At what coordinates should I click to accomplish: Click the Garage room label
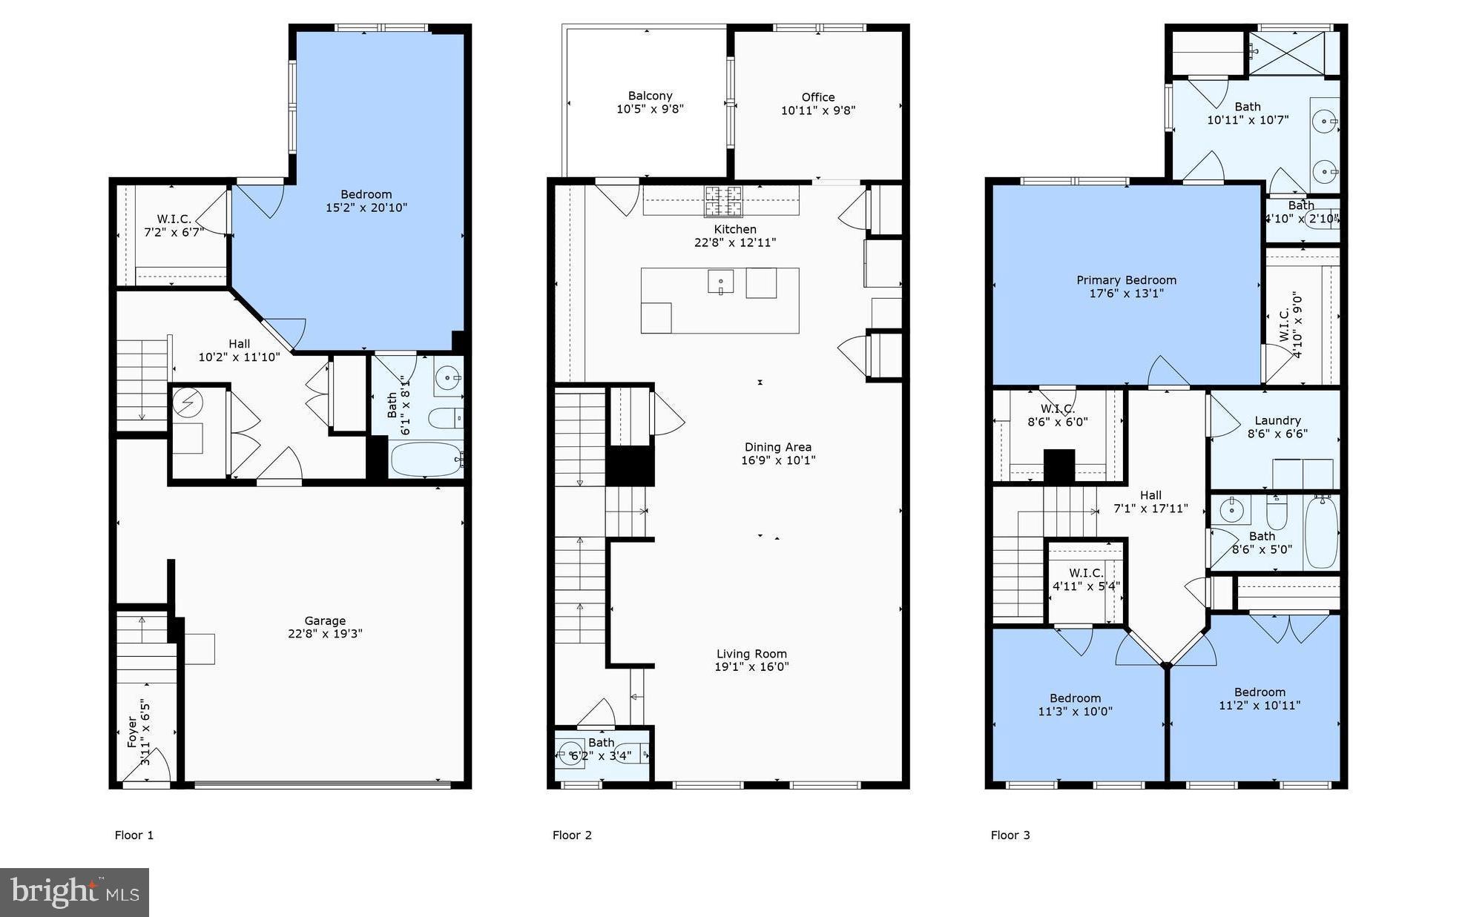[x=325, y=621]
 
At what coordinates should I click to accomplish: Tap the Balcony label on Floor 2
[x=650, y=96]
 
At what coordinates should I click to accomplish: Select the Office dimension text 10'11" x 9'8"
[x=817, y=110]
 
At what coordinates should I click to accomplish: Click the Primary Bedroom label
[x=1126, y=280]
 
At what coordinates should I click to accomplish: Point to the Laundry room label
[x=1277, y=420]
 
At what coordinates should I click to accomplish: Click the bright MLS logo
[x=74, y=892]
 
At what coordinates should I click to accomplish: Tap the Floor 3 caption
[x=1010, y=835]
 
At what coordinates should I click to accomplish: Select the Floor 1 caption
[x=134, y=835]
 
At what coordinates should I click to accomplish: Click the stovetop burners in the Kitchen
[x=722, y=200]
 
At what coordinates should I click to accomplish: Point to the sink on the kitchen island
[x=720, y=282]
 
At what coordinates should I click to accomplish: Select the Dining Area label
[x=777, y=447]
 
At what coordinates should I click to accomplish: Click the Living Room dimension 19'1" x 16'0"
[x=751, y=666]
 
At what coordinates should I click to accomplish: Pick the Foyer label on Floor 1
[x=132, y=730]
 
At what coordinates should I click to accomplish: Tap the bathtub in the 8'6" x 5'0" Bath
[x=1320, y=532]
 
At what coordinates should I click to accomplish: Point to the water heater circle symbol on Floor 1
[x=188, y=403]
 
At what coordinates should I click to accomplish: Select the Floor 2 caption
[x=572, y=835]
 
